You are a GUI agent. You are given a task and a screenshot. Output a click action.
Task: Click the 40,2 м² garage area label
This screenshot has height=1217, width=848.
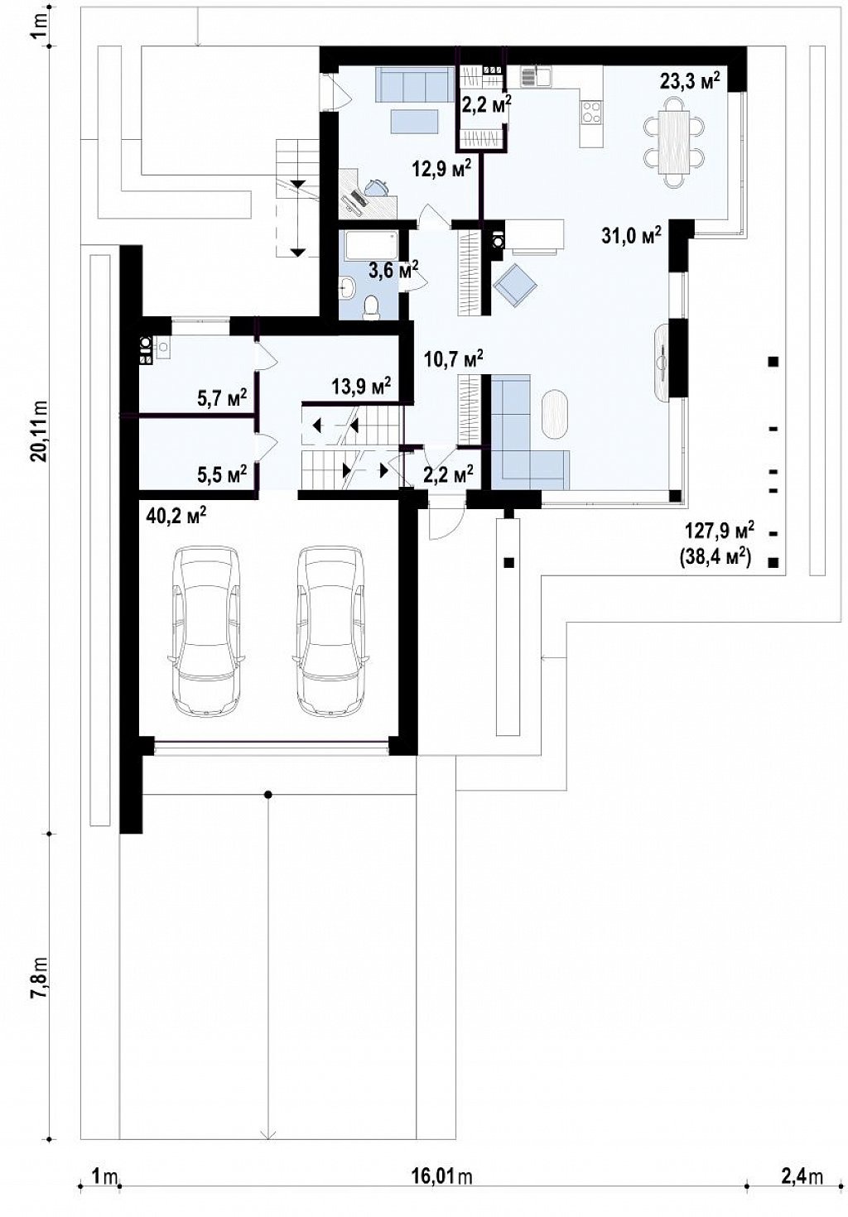point(176,515)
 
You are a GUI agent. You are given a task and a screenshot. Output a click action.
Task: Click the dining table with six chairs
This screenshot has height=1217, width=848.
point(674,142)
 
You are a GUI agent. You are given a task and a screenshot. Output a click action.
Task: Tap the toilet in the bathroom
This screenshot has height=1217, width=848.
point(372,305)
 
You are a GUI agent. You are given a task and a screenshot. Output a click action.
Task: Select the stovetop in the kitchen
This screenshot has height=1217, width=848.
point(591,112)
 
